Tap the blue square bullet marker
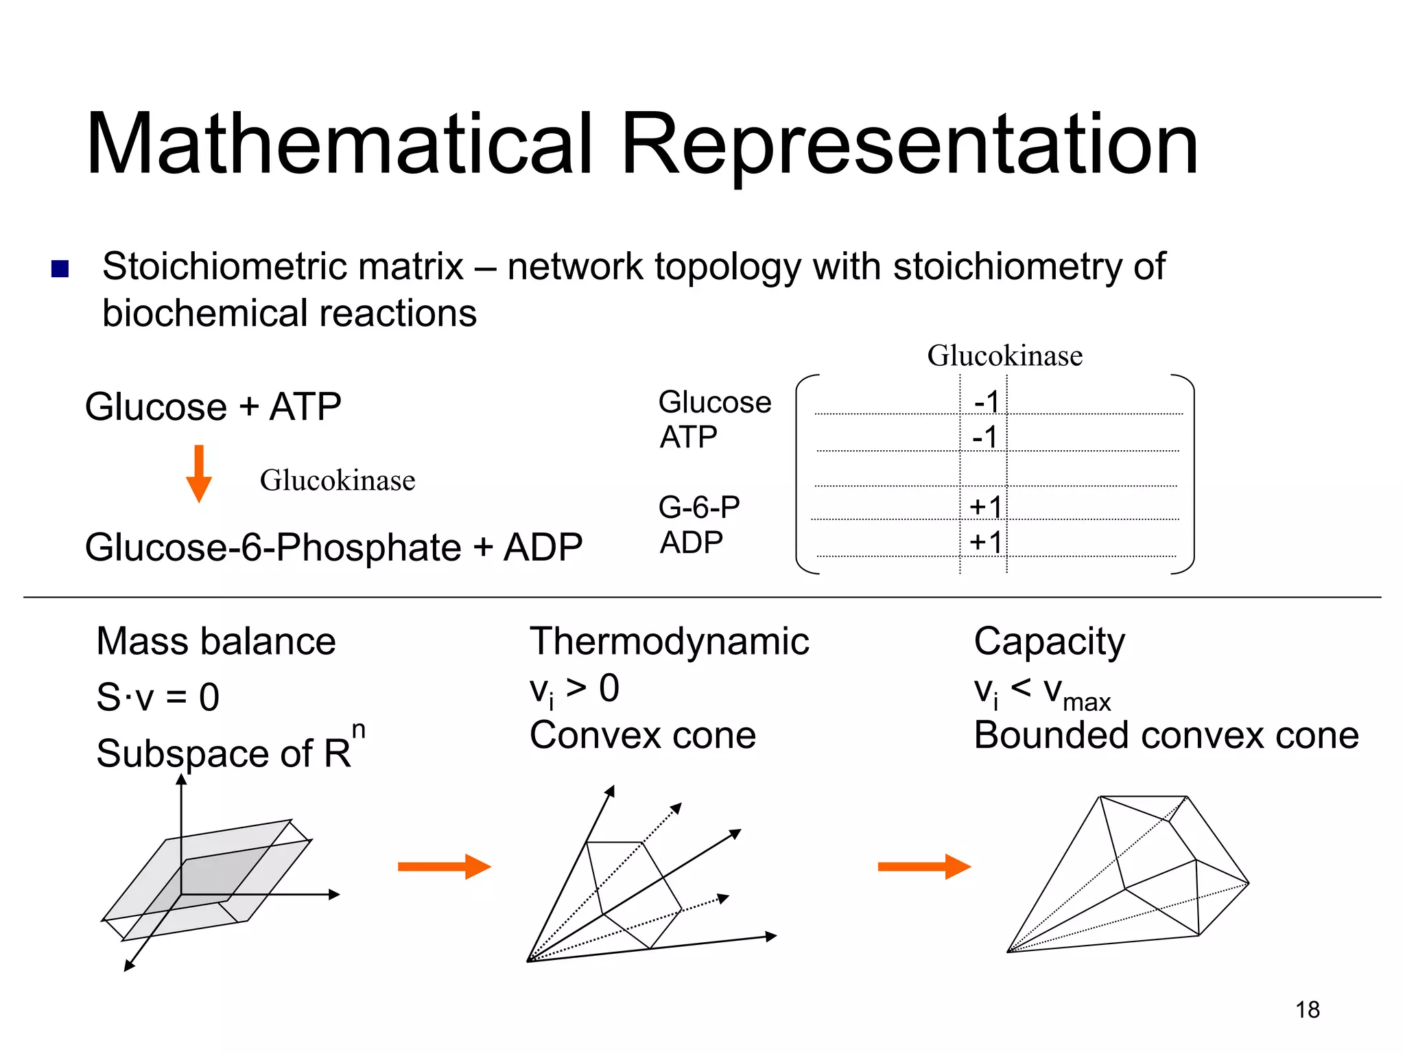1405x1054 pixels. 60,268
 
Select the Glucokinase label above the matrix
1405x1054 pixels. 1004,355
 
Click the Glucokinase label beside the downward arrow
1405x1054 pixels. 338,480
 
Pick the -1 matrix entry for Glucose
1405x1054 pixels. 987,401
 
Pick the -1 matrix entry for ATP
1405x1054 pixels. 984,436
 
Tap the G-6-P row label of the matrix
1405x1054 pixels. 698,507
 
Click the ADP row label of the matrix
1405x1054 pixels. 691,543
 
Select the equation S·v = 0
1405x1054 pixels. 158,696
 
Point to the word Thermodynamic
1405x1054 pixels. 669,642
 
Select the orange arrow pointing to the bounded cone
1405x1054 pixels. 924,866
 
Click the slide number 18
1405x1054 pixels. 1308,1009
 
